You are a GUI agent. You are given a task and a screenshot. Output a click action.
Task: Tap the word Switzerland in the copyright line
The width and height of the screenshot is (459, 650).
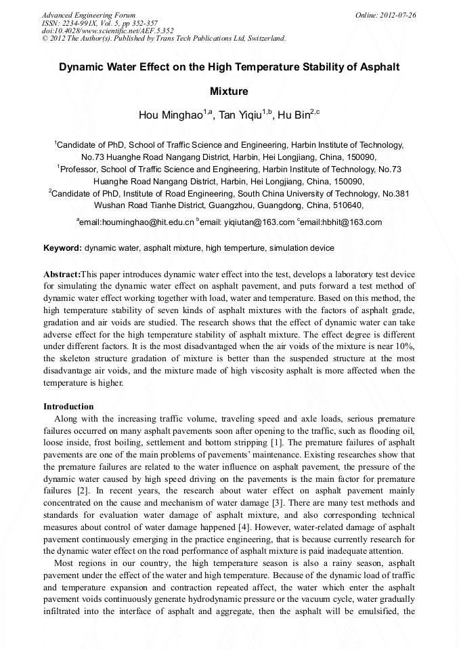[263, 38]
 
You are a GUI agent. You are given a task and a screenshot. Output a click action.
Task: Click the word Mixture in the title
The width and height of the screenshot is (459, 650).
[229, 91]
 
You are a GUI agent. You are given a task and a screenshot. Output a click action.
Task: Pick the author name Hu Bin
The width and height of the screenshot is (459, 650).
[294, 115]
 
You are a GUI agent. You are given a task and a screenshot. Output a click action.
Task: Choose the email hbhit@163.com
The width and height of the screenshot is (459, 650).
[349, 222]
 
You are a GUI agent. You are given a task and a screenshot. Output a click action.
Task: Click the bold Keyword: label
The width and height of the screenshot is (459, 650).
[62, 248]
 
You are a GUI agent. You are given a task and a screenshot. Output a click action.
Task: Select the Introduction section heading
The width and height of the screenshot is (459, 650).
[68, 407]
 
